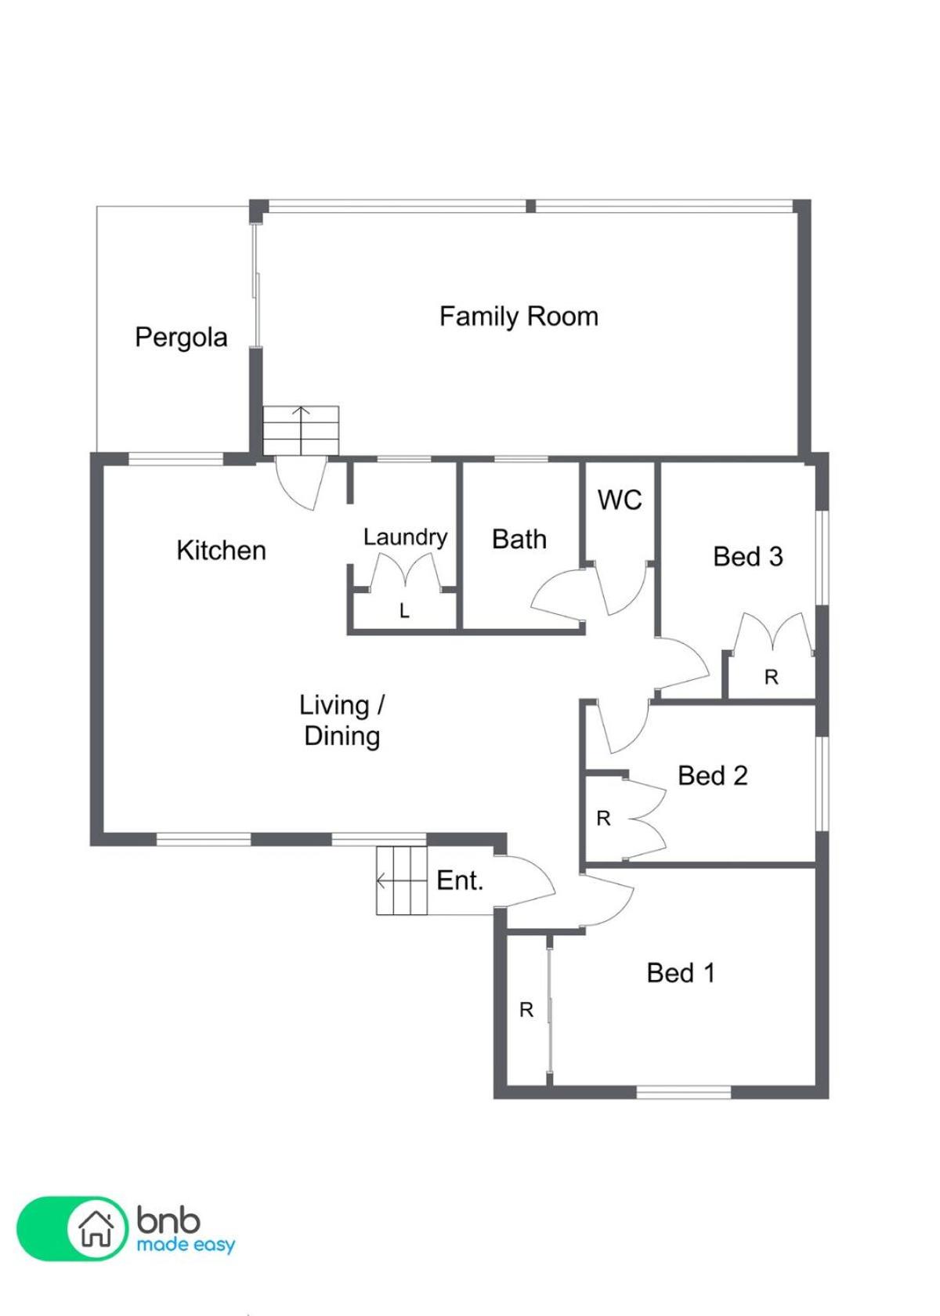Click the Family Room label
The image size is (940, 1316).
point(519,316)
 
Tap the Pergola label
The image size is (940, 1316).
point(181,337)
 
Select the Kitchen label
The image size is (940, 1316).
point(222,551)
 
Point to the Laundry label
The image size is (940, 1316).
point(406,537)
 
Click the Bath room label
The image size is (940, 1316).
point(519,539)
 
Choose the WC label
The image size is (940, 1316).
point(620,500)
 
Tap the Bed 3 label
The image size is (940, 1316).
point(748,556)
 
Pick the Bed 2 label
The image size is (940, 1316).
point(713,775)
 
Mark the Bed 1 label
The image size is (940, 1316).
point(681,973)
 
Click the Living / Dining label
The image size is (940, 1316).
point(342,721)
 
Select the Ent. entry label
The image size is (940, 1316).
point(460,880)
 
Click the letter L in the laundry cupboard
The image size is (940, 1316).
point(404,612)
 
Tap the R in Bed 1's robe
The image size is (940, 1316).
point(526,1010)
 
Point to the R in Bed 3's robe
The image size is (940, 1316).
point(772,678)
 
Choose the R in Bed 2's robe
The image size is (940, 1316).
point(603,819)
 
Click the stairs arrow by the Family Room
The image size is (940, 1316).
point(302,430)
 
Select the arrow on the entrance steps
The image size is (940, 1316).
point(401,880)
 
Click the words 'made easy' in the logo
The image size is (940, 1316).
point(186,1245)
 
